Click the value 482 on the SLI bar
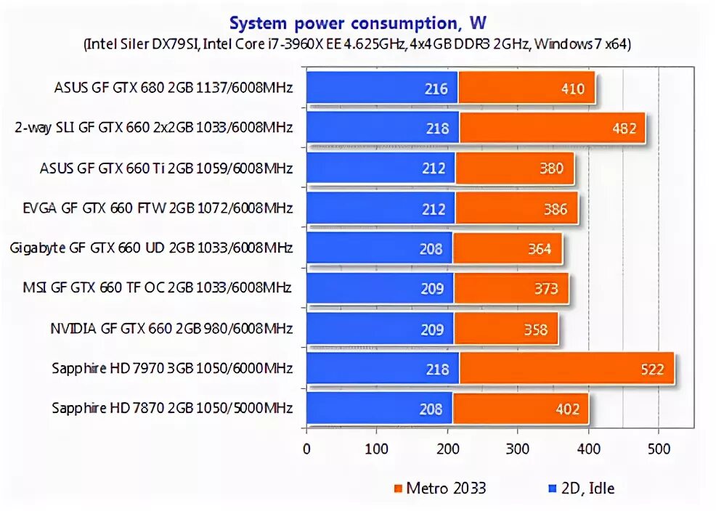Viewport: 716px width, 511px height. [624, 128]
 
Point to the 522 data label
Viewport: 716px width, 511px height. [652, 369]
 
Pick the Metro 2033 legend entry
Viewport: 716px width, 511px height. [440, 488]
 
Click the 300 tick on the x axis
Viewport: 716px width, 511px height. [518, 449]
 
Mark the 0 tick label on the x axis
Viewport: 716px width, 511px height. [307, 449]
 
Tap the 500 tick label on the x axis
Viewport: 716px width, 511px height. [659, 449]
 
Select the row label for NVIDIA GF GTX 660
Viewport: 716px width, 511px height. [171, 329]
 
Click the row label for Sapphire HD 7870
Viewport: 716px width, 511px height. [172, 409]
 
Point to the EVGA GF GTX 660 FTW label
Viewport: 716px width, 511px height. [158, 209]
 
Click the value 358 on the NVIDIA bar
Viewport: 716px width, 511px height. [536, 330]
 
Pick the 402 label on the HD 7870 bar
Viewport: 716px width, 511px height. [566, 409]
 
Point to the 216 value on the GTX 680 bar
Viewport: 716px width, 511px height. [436, 89]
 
